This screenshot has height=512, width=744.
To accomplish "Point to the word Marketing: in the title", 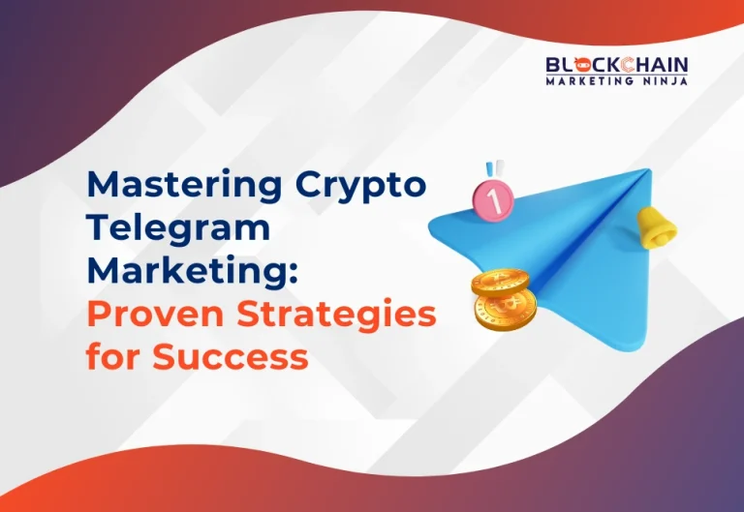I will point(190,271).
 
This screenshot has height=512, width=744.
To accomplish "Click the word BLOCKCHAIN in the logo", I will point(616,66).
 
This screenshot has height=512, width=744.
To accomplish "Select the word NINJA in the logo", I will point(666,82).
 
